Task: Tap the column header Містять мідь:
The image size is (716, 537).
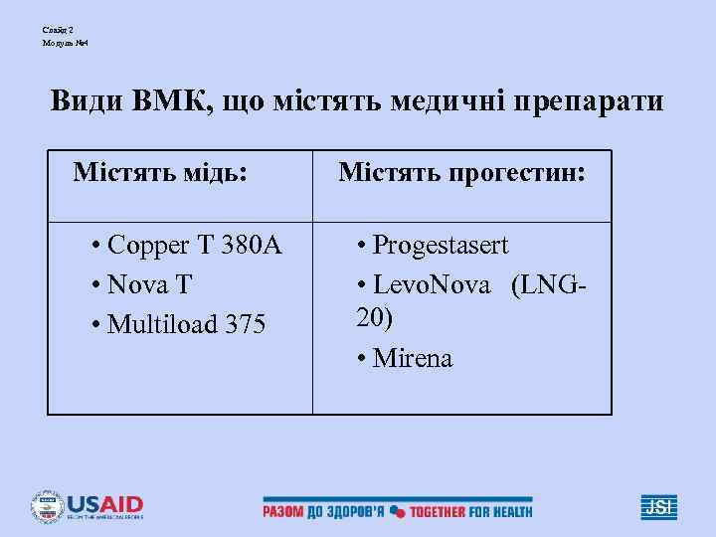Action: click(159, 173)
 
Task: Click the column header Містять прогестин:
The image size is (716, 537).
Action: click(461, 173)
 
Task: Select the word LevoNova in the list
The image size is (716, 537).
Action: click(432, 285)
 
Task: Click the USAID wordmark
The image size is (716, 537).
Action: click(104, 504)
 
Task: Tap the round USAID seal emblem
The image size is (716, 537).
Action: click(46, 507)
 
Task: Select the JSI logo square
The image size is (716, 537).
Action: click(658, 506)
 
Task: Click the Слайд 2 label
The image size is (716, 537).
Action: click(58, 30)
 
